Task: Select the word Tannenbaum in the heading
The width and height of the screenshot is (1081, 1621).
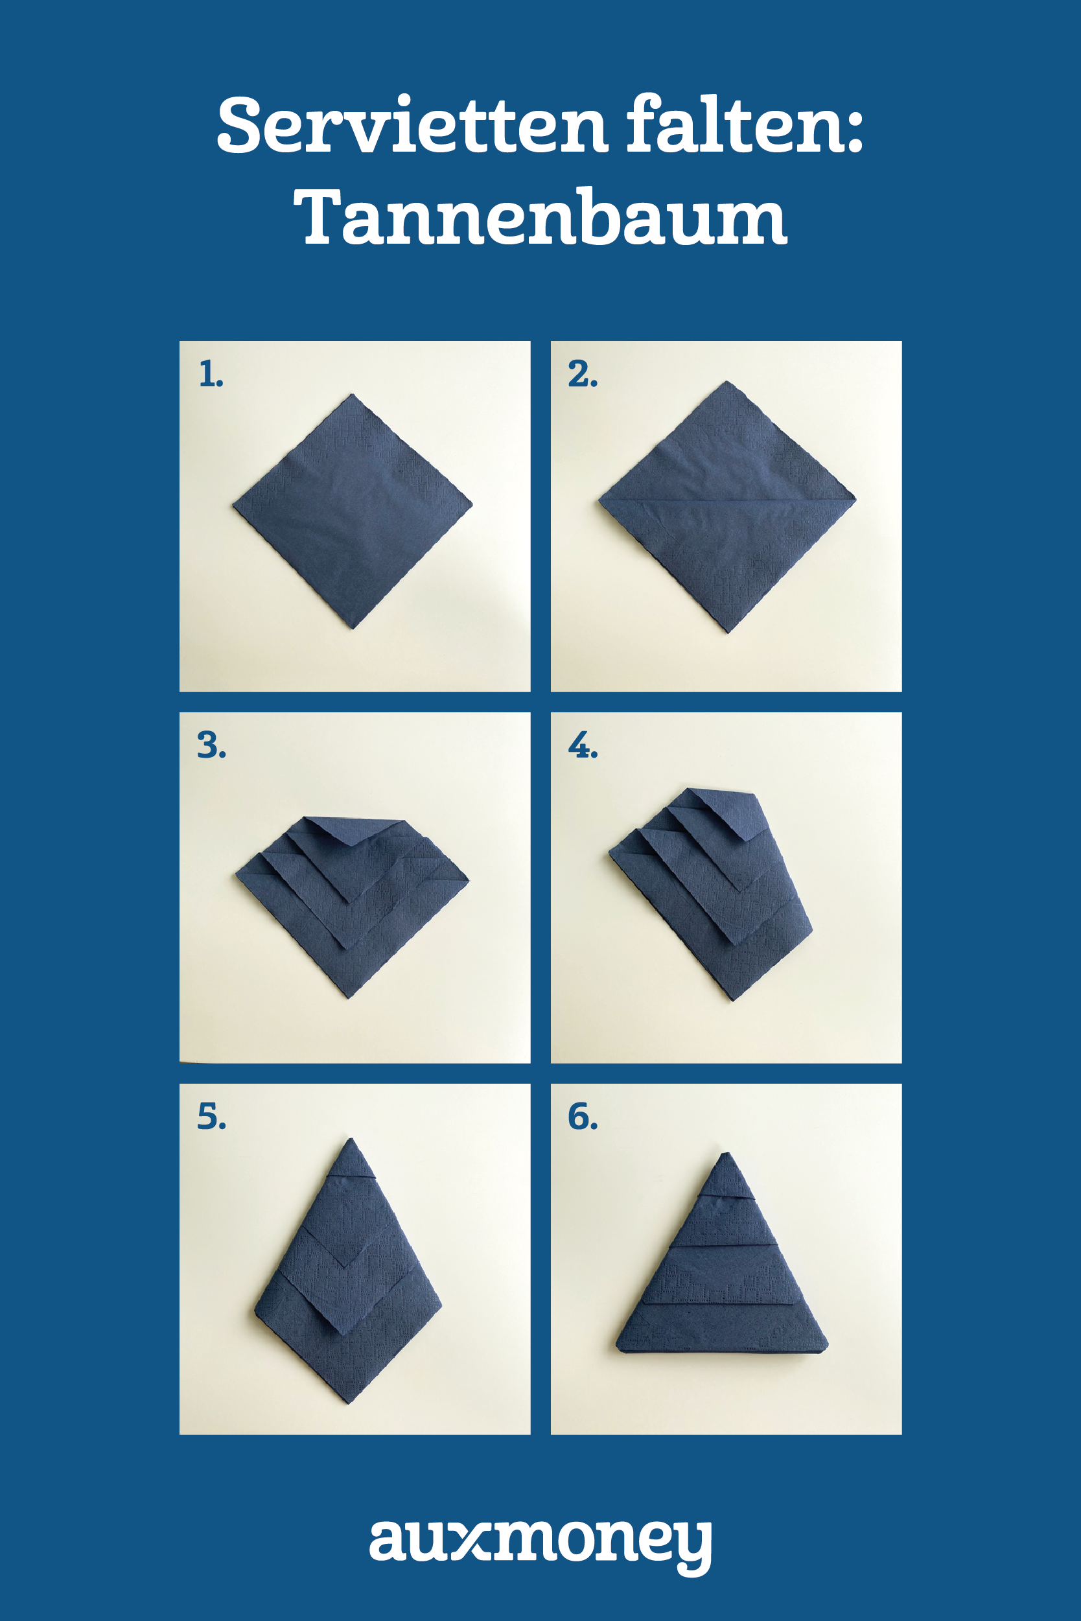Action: click(x=540, y=216)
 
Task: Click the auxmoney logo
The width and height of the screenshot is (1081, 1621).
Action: click(x=540, y=1545)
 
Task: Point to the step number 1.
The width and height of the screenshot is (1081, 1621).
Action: click(x=210, y=375)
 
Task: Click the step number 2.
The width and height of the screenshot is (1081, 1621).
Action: click(x=583, y=375)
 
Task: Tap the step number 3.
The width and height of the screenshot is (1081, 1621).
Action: click(x=211, y=745)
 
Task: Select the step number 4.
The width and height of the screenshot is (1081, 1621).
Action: click(x=583, y=745)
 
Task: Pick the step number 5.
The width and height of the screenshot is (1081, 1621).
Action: click(x=211, y=1116)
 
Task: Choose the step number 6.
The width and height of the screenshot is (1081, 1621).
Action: click(x=583, y=1116)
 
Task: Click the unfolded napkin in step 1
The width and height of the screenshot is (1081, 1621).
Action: click(x=353, y=511)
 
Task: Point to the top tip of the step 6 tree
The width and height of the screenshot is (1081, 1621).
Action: click(x=725, y=1153)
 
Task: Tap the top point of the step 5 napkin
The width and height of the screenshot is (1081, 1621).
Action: click(x=351, y=1139)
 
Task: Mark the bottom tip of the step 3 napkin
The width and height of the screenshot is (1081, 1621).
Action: click(x=349, y=997)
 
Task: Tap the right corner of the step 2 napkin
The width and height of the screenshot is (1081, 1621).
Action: click(x=855, y=496)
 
